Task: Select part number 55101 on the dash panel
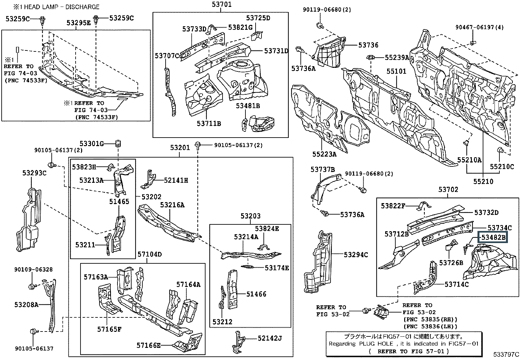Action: point(396,71)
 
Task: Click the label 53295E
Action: point(79,23)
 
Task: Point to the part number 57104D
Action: point(149,254)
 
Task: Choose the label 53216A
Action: point(172,205)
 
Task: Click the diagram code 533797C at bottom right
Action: point(506,354)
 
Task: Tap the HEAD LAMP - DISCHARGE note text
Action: point(56,7)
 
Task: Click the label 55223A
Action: point(324,154)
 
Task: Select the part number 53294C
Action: point(356,255)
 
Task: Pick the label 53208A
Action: point(26,305)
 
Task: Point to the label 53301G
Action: point(92,143)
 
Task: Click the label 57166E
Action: point(149,345)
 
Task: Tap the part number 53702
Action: point(448,189)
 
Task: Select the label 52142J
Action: point(269,338)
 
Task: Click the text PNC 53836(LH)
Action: point(430,326)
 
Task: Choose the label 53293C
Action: point(34,173)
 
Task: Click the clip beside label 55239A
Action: point(370,57)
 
